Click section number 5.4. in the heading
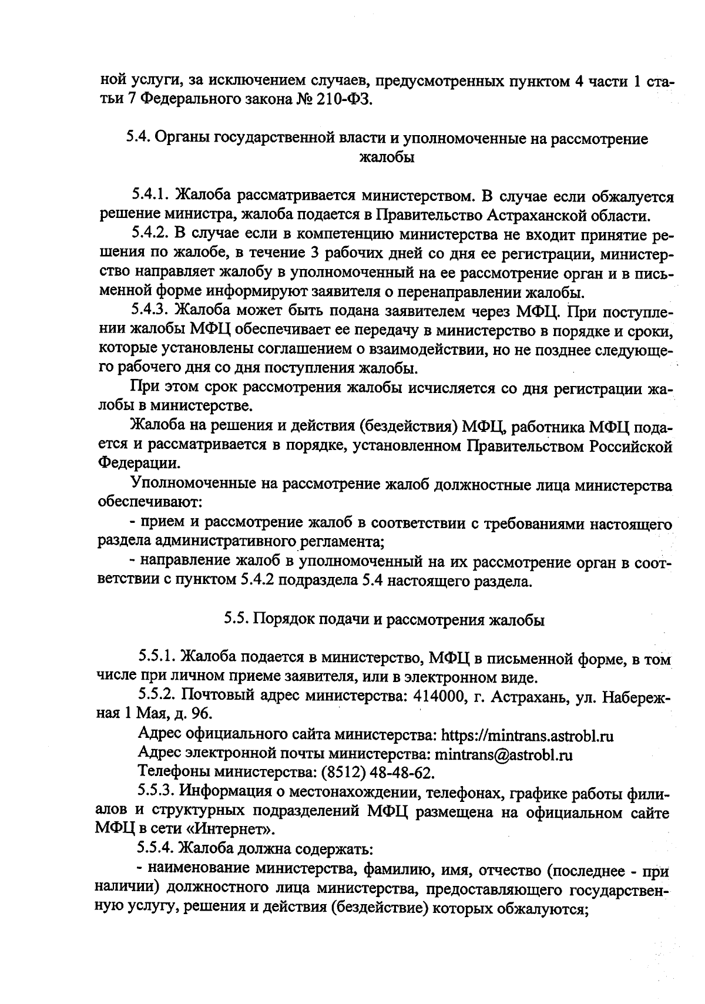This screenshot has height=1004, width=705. tap(139, 139)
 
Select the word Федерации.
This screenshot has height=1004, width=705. tap(139, 463)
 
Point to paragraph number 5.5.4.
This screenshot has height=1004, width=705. tap(156, 848)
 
